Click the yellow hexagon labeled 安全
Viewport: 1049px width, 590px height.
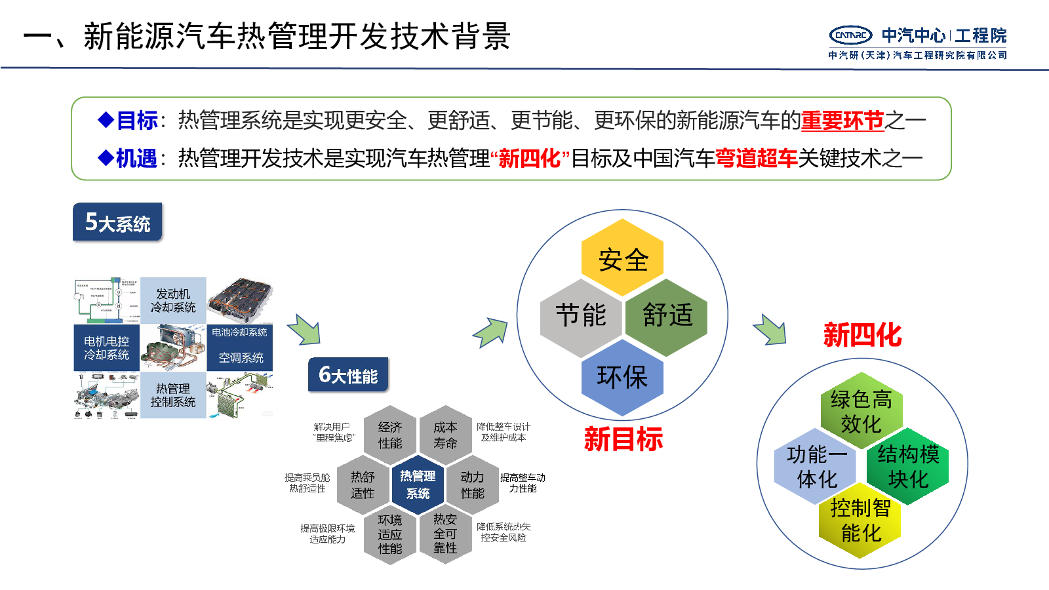click(622, 258)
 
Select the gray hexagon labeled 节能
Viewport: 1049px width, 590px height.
click(580, 315)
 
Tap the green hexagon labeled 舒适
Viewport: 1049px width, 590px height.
click(667, 315)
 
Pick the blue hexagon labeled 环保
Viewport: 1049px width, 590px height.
click(622, 377)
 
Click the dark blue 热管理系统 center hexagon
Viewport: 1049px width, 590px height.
click(418, 484)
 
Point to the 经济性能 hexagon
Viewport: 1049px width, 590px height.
click(390, 435)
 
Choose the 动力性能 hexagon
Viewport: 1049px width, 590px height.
click(472, 484)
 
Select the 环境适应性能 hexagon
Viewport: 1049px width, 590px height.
click(390, 534)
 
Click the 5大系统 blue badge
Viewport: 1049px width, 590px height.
click(117, 222)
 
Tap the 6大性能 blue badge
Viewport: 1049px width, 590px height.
click(348, 374)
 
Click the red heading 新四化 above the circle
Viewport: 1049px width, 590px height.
click(862, 335)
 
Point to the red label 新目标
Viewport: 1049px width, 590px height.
click(623, 439)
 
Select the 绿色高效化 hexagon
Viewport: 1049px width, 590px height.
click(861, 411)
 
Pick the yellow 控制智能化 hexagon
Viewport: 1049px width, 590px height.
click(860, 521)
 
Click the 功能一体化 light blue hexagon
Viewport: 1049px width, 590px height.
click(816, 466)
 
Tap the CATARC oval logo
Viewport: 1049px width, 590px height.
click(850, 35)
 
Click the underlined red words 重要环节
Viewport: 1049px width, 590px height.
click(842, 121)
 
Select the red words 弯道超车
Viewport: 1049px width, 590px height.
click(756, 158)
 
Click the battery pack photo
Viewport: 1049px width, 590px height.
click(240, 300)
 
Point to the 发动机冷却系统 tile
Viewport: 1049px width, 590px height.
click(173, 300)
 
